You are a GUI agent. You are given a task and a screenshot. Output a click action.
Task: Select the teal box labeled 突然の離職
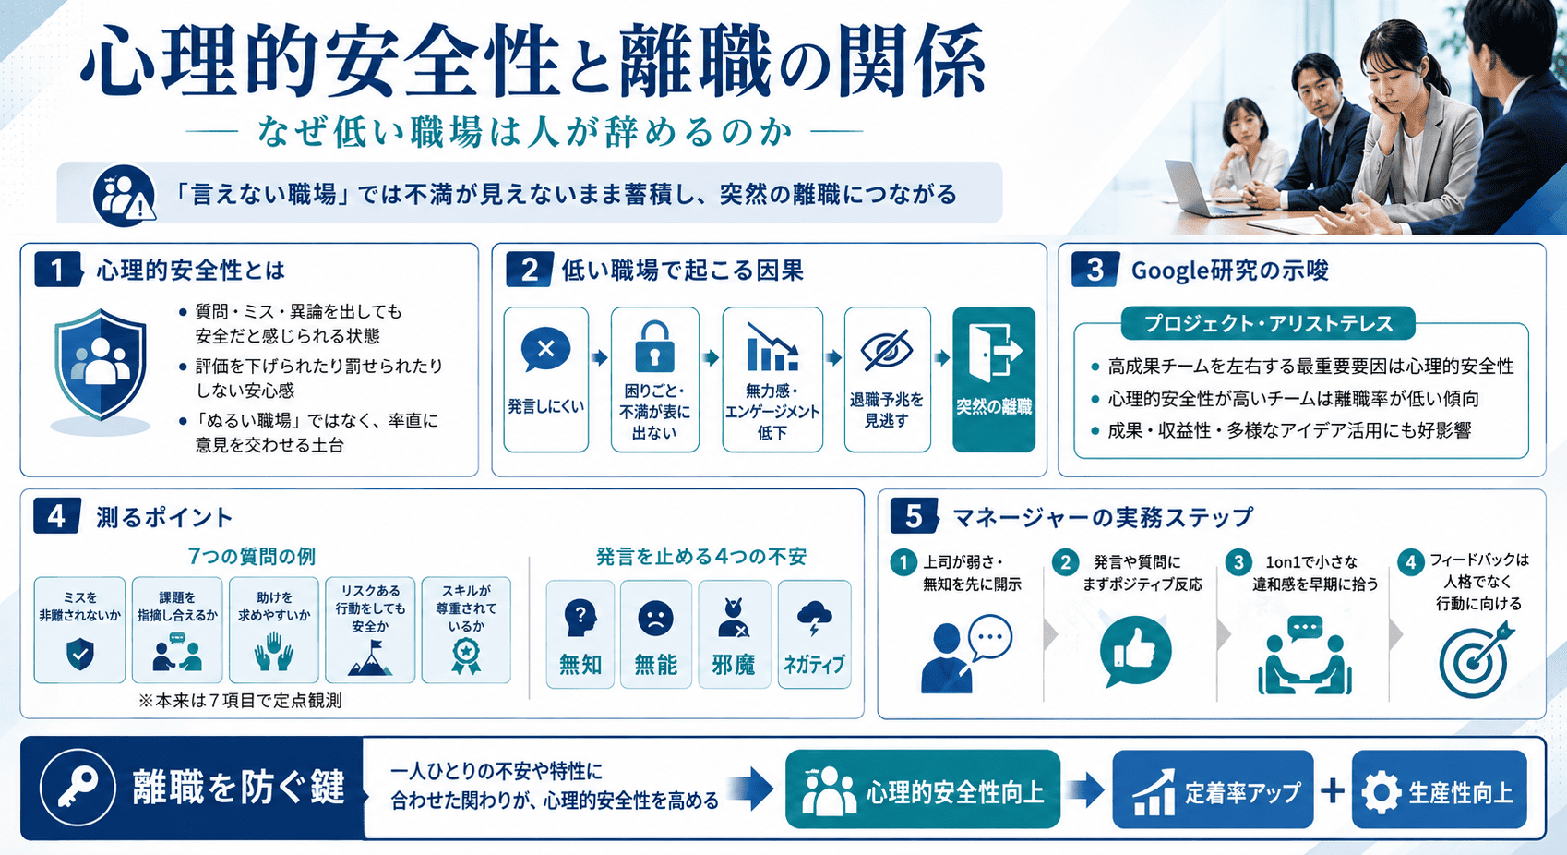tap(993, 379)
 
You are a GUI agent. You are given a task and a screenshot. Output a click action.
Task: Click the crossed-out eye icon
tap(886, 350)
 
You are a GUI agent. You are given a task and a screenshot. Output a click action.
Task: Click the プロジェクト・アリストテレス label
tap(1268, 323)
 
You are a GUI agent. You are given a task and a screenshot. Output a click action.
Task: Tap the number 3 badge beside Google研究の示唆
tap(1095, 270)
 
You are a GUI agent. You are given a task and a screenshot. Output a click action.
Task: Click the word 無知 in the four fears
tap(580, 664)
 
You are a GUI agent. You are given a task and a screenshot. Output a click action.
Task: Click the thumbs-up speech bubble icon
tap(1134, 651)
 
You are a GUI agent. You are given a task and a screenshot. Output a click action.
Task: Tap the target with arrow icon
tap(1476, 659)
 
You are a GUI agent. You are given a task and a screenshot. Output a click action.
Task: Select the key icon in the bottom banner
tap(78, 787)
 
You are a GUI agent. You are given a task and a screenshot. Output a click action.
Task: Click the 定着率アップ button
tap(1213, 790)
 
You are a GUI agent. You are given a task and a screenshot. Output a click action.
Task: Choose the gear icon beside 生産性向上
tap(1381, 793)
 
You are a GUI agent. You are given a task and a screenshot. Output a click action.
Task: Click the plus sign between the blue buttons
tap(1333, 790)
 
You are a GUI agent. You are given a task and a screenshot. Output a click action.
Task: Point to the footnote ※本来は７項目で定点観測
tap(240, 701)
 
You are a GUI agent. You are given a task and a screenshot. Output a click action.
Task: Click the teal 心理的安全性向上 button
tap(923, 790)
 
